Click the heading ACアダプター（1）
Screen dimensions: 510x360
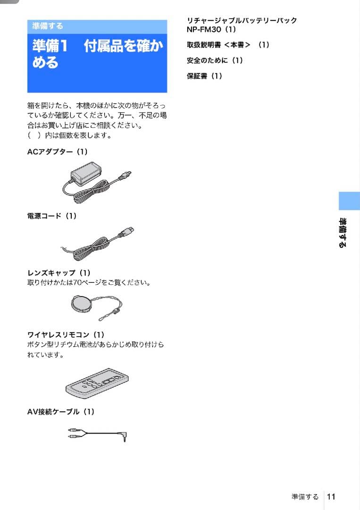58,152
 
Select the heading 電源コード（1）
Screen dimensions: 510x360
52,216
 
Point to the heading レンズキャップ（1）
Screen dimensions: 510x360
59,273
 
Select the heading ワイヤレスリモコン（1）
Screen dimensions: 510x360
66,335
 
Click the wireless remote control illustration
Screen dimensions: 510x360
97,383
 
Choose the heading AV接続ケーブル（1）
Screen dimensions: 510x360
61,412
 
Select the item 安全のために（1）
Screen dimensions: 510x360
215,60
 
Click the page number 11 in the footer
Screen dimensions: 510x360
331,496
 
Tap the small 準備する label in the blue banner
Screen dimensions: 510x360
48,26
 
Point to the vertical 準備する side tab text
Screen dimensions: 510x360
343,233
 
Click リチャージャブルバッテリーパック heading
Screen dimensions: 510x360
242,21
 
